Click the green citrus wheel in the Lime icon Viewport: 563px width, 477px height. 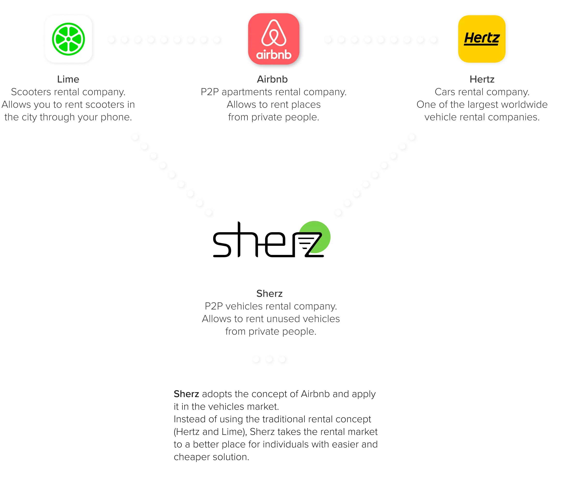tap(68, 39)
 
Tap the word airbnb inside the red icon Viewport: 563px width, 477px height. tap(274, 55)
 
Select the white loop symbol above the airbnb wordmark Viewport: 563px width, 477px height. tap(274, 33)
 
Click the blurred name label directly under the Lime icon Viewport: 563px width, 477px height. tap(68, 79)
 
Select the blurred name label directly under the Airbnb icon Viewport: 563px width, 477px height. tap(273, 79)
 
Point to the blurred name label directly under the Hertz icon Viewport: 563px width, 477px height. tap(482, 79)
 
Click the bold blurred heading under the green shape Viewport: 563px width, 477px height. tap(269, 294)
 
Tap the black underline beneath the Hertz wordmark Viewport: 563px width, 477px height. tap(481, 44)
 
